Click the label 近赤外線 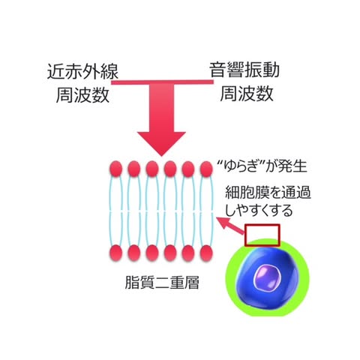click(x=82, y=72)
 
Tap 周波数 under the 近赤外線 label click(x=82, y=94)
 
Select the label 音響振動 click(x=244, y=70)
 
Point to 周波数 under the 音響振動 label click(x=247, y=93)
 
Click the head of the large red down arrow click(x=161, y=142)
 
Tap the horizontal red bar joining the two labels click(x=163, y=82)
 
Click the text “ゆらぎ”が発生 click(x=262, y=166)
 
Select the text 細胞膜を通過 click(x=268, y=193)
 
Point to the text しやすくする click(x=259, y=210)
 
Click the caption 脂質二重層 click(x=162, y=283)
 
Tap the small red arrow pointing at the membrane click(x=230, y=226)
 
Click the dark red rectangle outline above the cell click(x=262, y=225)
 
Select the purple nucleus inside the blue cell click(x=268, y=278)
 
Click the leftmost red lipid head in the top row click(x=115, y=169)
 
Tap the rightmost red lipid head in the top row click(x=206, y=169)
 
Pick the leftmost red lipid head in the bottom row click(x=115, y=253)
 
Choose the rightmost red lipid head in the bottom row click(x=206, y=253)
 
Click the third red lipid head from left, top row click(x=152, y=169)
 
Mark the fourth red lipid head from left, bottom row click(x=170, y=253)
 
